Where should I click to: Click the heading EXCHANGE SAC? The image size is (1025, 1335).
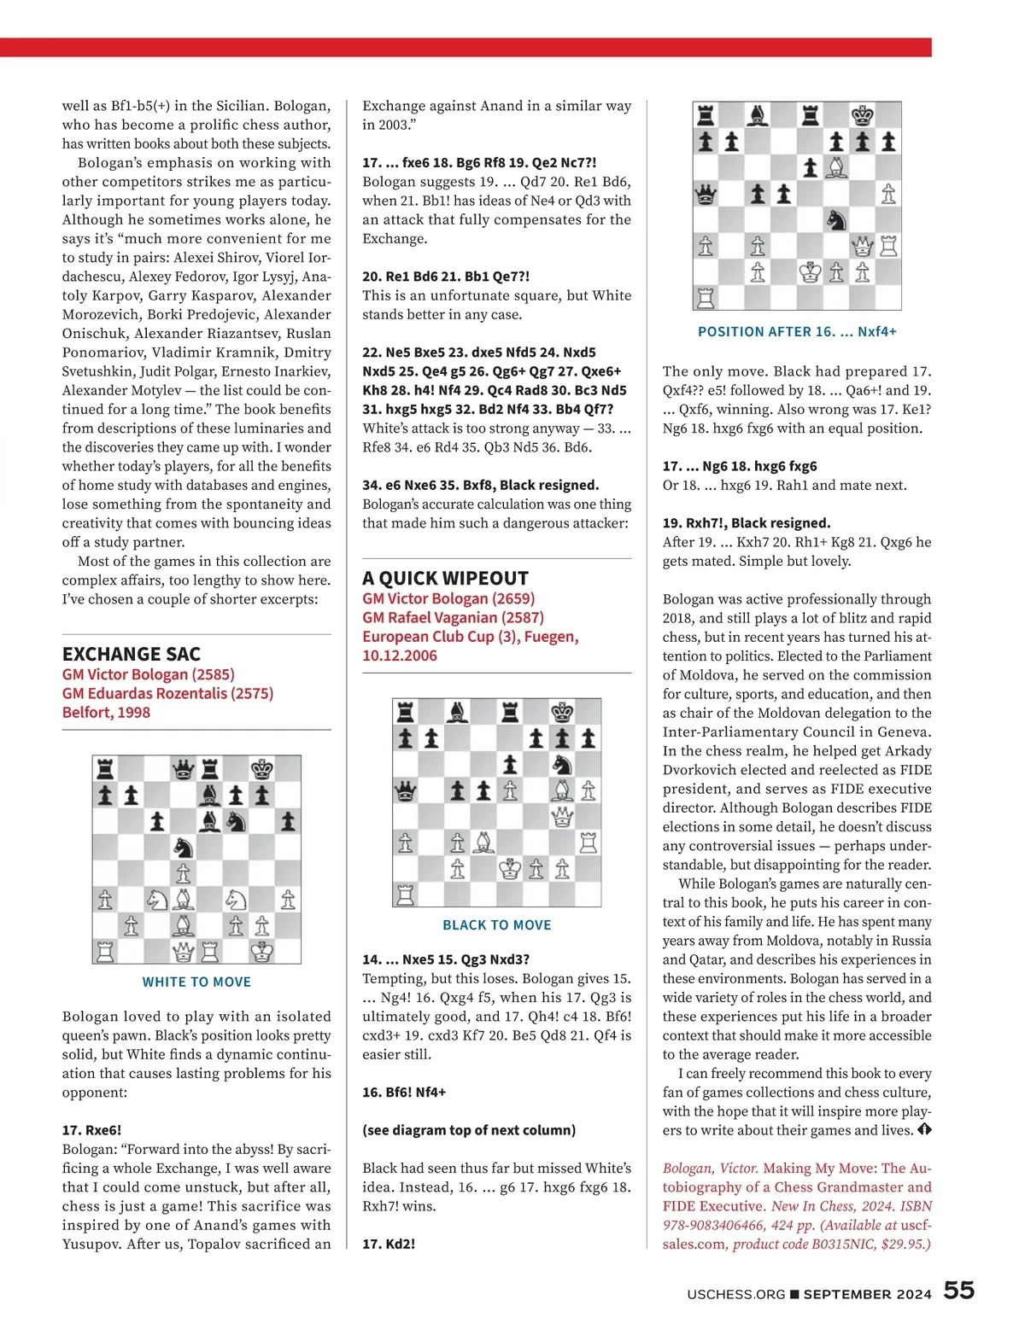click(x=131, y=654)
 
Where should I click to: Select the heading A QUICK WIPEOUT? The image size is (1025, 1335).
click(x=445, y=578)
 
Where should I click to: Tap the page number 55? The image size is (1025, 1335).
click(x=958, y=1290)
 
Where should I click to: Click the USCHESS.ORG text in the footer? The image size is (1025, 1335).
click(x=735, y=1294)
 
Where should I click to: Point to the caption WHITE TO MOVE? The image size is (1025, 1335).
click(x=196, y=982)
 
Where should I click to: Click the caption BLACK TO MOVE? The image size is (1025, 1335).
click(x=496, y=924)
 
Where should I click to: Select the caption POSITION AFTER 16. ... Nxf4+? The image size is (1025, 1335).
click(x=797, y=331)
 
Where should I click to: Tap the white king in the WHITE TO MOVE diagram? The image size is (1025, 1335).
click(x=262, y=950)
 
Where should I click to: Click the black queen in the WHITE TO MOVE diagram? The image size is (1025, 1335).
click(x=184, y=770)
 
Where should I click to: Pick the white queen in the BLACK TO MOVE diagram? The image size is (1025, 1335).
click(x=562, y=816)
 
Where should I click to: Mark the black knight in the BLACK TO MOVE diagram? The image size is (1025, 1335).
click(x=562, y=764)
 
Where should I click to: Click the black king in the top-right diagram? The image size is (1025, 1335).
click(x=863, y=115)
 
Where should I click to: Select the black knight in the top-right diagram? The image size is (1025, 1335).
click(x=836, y=220)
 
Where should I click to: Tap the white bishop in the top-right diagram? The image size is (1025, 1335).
click(x=836, y=168)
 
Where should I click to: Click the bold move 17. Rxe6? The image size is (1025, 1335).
click(x=91, y=1130)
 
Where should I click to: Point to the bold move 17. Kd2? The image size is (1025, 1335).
click(x=389, y=1244)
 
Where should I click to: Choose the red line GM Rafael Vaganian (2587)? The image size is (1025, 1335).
click(x=453, y=617)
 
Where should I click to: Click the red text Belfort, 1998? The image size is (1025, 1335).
click(x=106, y=712)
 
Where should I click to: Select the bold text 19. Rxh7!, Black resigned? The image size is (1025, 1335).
click(x=746, y=522)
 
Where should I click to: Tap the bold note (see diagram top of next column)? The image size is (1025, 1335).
click(x=469, y=1130)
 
